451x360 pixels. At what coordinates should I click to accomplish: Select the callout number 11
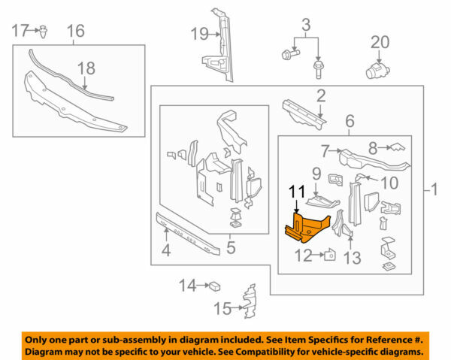[x=298, y=192]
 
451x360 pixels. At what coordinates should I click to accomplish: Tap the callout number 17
[x=20, y=31]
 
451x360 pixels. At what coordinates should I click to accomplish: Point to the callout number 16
[x=76, y=31]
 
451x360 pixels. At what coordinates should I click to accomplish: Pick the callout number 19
[x=198, y=33]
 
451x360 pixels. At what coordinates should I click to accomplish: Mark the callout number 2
[x=320, y=95]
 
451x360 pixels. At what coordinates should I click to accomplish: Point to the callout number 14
[x=187, y=285]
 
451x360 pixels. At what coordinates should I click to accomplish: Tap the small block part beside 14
[x=214, y=285]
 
